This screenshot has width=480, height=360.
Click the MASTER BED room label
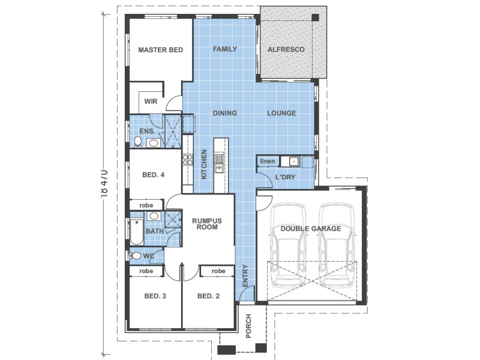[160, 50]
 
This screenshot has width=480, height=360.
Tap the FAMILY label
[225, 49]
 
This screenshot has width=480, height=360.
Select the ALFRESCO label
[286, 49]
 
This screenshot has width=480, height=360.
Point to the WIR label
[151, 101]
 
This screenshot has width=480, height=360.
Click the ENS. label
[148, 131]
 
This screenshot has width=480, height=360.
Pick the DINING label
[224, 113]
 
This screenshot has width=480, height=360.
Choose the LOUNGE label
[281, 113]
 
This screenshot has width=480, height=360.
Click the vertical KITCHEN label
[204, 164]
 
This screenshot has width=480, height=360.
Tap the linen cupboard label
[267, 161]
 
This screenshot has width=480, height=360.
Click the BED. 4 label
[153, 175]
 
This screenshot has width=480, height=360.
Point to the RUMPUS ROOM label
[207, 224]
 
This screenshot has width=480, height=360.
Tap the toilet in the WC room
[136, 256]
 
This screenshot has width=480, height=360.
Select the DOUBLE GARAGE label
[310, 229]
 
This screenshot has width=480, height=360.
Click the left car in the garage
[286, 246]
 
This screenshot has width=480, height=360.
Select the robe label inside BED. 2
[218, 271]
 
